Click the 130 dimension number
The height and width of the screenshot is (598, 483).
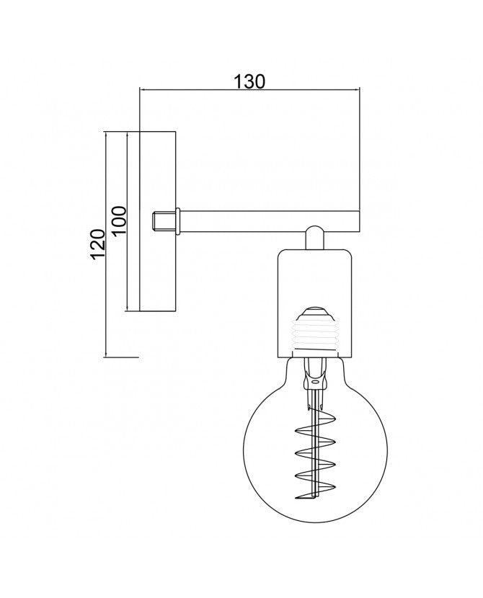coord(249,81)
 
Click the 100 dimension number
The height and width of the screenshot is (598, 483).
coord(120,220)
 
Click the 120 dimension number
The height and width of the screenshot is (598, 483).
coord(97,244)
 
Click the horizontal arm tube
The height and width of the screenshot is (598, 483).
coord(270,221)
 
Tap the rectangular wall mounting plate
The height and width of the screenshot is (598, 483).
coord(158,222)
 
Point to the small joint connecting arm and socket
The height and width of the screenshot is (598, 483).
coord(315,238)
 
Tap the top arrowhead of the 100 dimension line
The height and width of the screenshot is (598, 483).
coord(127,135)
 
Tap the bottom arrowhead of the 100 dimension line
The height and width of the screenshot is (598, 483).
coord(127,308)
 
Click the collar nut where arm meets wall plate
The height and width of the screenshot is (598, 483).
coord(178,221)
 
